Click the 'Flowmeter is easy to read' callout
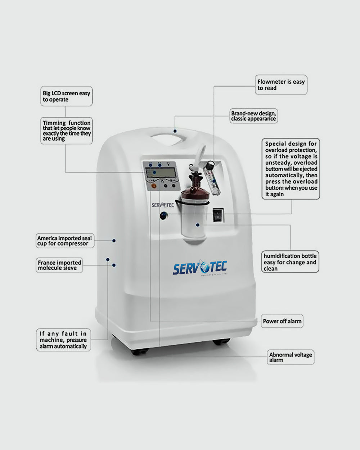click(281, 85)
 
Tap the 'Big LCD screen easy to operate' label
click(66, 96)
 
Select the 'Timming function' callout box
click(67, 131)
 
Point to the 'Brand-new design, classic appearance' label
click(253, 116)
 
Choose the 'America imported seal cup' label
click(65, 241)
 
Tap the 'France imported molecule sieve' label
click(60, 265)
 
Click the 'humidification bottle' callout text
click(290, 262)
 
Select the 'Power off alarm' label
click(282, 321)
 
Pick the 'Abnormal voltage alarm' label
click(291, 357)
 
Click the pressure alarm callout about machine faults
click(63, 340)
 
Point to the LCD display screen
click(161, 173)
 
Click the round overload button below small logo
click(164, 216)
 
